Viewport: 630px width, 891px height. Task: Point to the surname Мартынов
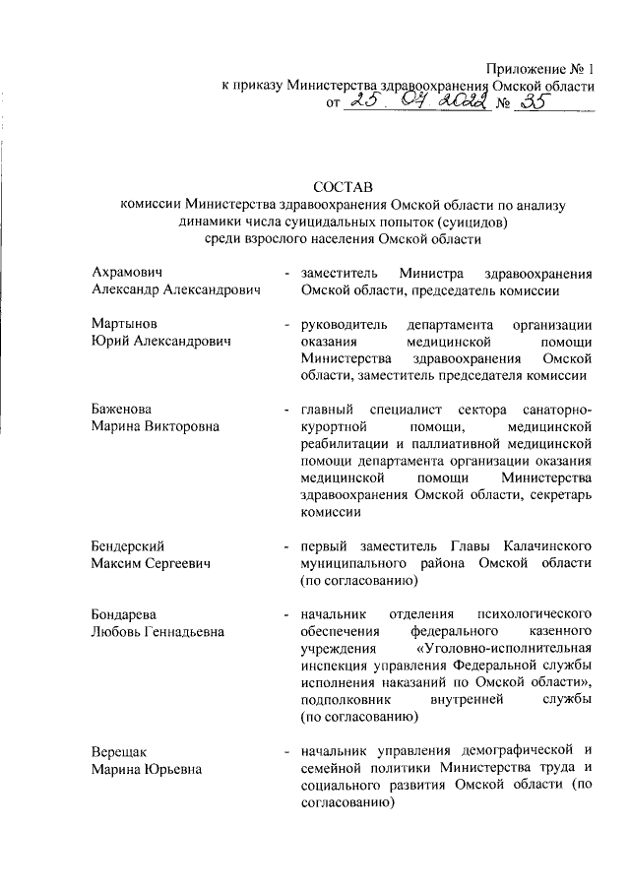[122, 324]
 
